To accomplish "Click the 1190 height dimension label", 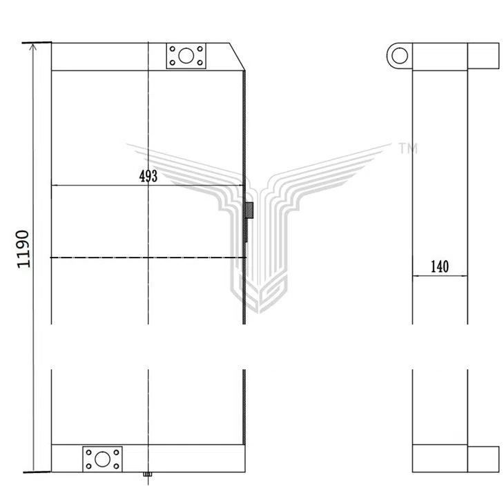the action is pyautogui.click(x=23, y=249).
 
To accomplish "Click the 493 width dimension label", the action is pyautogui.click(x=148, y=176).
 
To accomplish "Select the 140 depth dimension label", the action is pyautogui.click(x=439, y=266).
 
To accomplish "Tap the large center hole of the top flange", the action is pyautogui.click(x=186, y=56).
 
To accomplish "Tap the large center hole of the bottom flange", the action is pyautogui.click(x=103, y=459).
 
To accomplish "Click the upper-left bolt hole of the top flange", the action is pyautogui.click(x=173, y=49).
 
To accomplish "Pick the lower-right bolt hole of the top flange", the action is pyautogui.click(x=200, y=63).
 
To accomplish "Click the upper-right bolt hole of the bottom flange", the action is pyautogui.click(x=117, y=452).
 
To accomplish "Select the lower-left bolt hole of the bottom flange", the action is pyautogui.click(x=88, y=466).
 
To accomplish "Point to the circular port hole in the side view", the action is pyautogui.click(x=400, y=56).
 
